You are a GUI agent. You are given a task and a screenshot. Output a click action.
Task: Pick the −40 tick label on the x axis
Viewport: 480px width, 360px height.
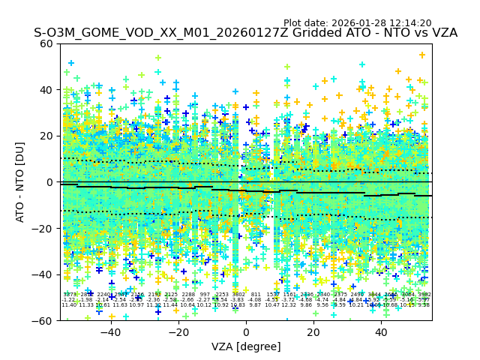tap(109, 332)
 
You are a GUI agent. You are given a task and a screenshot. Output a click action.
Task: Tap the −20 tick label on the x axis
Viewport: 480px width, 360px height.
tap(178, 332)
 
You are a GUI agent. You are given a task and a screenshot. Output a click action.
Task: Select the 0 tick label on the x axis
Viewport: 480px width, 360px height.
tap(246, 332)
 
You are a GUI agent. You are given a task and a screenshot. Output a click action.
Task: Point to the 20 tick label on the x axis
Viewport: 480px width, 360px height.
tap(313, 332)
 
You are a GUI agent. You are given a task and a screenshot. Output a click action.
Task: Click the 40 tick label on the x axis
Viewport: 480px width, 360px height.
tap(381, 332)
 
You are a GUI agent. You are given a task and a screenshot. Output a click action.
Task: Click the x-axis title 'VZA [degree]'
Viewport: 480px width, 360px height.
tap(246, 346)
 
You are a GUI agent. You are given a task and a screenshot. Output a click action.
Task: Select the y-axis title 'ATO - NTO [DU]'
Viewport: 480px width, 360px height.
tap(21, 182)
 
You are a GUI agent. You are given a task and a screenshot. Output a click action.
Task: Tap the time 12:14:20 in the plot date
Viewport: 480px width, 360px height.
tap(410, 23)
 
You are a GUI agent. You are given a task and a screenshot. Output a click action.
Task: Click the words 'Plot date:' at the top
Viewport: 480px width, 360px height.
tap(307, 23)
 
